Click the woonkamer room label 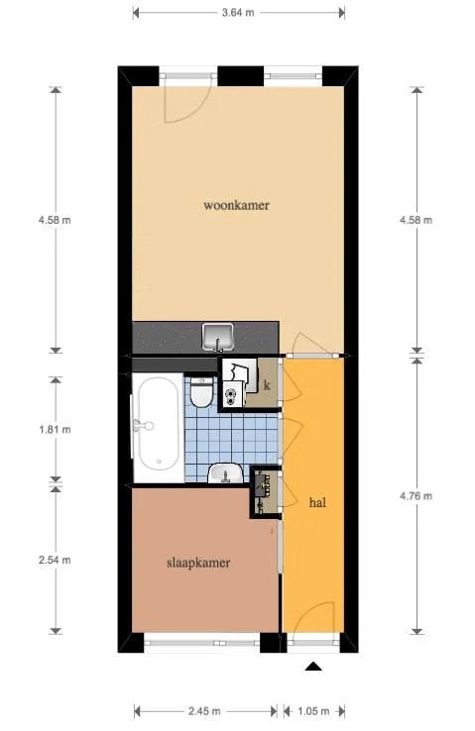(x=236, y=206)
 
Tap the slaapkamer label (x=197, y=563)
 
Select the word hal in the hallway (x=318, y=502)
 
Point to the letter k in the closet (x=266, y=384)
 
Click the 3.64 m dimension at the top (x=238, y=13)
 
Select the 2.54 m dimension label (x=54, y=560)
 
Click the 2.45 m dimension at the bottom (x=204, y=711)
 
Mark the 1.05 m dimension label (x=312, y=711)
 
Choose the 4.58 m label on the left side (x=54, y=220)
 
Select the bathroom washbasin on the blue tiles (x=227, y=473)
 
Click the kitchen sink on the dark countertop (x=217, y=336)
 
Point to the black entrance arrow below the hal (x=313, y=668)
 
